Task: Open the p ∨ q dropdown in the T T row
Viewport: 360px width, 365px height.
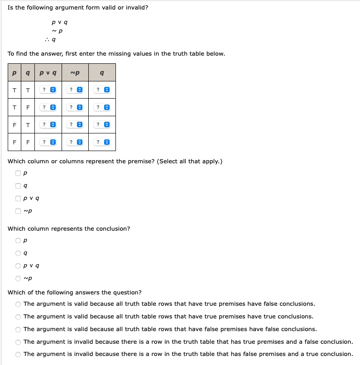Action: click(48, 90)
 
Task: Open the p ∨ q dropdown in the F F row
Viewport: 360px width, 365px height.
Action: click(48, 142)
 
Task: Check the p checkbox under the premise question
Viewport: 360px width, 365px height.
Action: click(18, 172)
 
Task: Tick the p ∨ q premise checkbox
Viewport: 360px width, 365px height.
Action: click(18, 198)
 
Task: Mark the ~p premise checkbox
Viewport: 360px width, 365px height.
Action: click(18, 211)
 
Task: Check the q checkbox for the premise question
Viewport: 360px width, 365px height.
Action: click(18, 185)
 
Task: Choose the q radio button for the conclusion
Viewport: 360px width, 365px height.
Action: click(18, 253)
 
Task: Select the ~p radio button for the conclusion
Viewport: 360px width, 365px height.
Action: click(18, 278)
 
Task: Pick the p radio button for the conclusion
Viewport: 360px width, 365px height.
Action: click(18, 240)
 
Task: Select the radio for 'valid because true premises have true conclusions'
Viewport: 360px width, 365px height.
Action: click(18, 317)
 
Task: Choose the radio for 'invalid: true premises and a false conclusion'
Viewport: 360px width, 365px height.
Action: click(18, 342)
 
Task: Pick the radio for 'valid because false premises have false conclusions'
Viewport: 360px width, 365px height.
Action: click(18, 329)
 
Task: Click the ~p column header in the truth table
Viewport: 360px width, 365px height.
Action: click(75, 72)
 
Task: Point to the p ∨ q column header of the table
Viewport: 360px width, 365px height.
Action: click(48, 72)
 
